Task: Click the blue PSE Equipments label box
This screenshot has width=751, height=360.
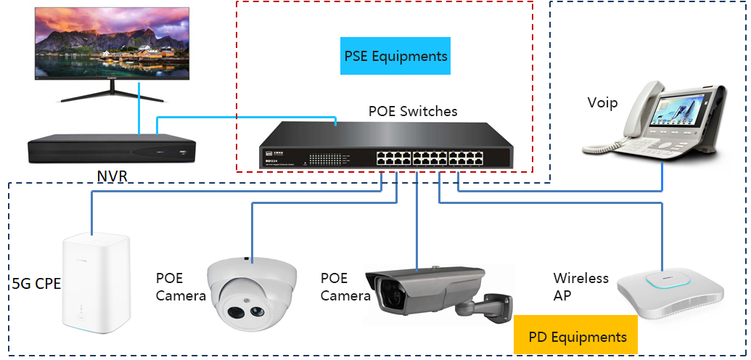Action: pyautogui.click(x=395, y=56)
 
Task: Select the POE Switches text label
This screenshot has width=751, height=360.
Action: pyautogui.click(x=413, y=111)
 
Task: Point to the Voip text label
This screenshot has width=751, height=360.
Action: pyautogui.click(x=602, y=102)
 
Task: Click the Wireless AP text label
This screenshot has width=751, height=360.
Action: pyautogui.click(x=580, y=287)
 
